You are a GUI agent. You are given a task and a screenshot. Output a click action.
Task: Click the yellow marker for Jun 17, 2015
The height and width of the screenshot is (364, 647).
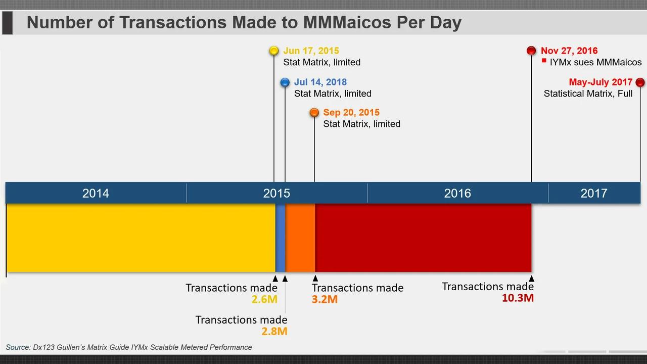click(x=274, y=51)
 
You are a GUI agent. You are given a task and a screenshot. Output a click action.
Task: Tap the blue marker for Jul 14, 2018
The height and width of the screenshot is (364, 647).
click(x=285, y=82)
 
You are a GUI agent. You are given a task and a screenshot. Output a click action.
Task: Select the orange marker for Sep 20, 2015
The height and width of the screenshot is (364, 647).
click(x=314, y=113)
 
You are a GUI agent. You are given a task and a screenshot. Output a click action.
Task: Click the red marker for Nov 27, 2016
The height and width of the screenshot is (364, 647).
click(x=531, y=51)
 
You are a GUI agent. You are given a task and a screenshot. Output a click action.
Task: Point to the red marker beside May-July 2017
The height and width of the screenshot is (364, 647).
click(x=640, y=82)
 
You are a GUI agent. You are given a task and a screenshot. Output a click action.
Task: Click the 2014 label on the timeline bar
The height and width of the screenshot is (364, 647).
click(x=96, y=193)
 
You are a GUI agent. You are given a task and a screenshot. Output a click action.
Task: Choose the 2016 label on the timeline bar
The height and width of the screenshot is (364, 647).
click(x=457, y=193)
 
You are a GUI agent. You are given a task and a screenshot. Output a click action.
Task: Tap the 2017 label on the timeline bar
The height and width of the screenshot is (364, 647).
click(x=593, y=193)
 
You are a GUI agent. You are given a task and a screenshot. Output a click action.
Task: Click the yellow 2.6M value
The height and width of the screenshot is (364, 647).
click(x=264, y=299)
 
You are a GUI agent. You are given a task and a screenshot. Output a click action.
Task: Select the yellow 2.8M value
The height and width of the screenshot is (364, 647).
click(x=274, y=332)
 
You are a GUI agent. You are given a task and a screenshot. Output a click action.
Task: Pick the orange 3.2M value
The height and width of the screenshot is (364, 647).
click(x=325, y=299)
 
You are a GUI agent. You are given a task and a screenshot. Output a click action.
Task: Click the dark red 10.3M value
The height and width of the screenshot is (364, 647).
click(x=518, y=298)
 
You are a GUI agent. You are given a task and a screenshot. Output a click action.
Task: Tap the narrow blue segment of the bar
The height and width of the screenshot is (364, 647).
click(x=281, y=238)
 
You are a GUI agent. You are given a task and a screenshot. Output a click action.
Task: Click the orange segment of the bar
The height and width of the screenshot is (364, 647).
click(x=300, y=238)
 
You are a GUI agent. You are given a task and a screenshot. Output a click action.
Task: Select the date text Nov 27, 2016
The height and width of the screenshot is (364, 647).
click(x=569, y=51)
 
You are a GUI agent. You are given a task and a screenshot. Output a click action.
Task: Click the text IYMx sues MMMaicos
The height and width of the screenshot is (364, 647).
click(x=595, y=63)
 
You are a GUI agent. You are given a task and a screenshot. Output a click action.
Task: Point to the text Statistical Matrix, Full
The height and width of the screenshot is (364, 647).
click(x=588, y=94)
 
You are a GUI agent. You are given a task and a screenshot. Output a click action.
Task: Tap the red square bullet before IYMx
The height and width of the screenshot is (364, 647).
click(x=544, y=60)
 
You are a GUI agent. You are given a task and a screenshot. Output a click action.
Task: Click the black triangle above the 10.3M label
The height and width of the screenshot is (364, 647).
click(x=531, y=278)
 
